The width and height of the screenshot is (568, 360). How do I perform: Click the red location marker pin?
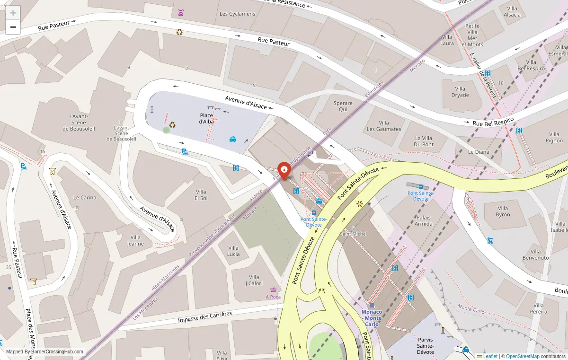[x=284, y=170]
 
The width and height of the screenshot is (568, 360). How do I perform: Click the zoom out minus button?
[x=13, y=27]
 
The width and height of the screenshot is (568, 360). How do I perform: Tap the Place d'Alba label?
[x=206, y=118]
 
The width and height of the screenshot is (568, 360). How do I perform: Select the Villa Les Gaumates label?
[x=384, y=126]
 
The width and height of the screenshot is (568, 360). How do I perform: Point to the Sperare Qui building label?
[x=343, y=106]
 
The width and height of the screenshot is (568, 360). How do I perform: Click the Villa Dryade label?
[x=460, y=92]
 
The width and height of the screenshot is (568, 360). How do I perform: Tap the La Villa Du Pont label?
[x=424, y=141]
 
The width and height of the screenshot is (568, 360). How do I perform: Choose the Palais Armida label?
[x=424, y=220]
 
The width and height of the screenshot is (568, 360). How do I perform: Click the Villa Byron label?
[x=503, y=211]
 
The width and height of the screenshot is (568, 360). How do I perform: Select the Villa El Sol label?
[x=201, y=195]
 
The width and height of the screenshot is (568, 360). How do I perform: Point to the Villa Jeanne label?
[x=135, y=240]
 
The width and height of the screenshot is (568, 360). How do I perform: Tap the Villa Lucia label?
[x=233, y=251]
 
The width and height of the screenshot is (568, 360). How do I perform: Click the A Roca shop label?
[x=273, y=297]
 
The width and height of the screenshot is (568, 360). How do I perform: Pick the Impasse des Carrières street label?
[x=205, y=317]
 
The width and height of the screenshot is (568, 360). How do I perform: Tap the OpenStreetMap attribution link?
[x=523, y=356]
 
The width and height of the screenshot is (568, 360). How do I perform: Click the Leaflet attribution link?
[x=490, y=356]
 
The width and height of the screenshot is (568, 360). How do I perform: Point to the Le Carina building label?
[x=85, y=197]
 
